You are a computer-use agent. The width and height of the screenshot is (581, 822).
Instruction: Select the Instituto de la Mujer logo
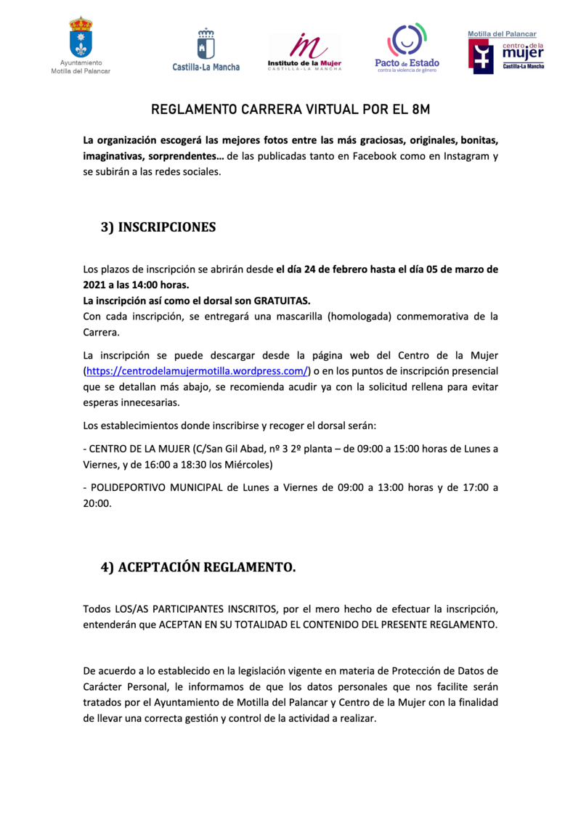click(x=304, y=51)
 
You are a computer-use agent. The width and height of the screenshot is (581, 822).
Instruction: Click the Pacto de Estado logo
click(x=407, y=47)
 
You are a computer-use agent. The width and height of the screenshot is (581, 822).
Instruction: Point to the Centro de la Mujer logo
click(x=505, y=52)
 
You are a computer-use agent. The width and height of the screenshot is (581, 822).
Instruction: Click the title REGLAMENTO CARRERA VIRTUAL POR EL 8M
click(x=290, y=110)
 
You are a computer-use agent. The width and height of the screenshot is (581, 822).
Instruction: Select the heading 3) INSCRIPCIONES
click(x=158, y=227)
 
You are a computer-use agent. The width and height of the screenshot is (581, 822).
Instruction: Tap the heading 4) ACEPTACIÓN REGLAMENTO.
click(x=198, y=568)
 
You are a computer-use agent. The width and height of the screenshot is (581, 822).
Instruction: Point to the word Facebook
click(x=375, y=156)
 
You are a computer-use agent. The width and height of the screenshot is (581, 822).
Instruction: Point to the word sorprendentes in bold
click(x=183, y=156)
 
